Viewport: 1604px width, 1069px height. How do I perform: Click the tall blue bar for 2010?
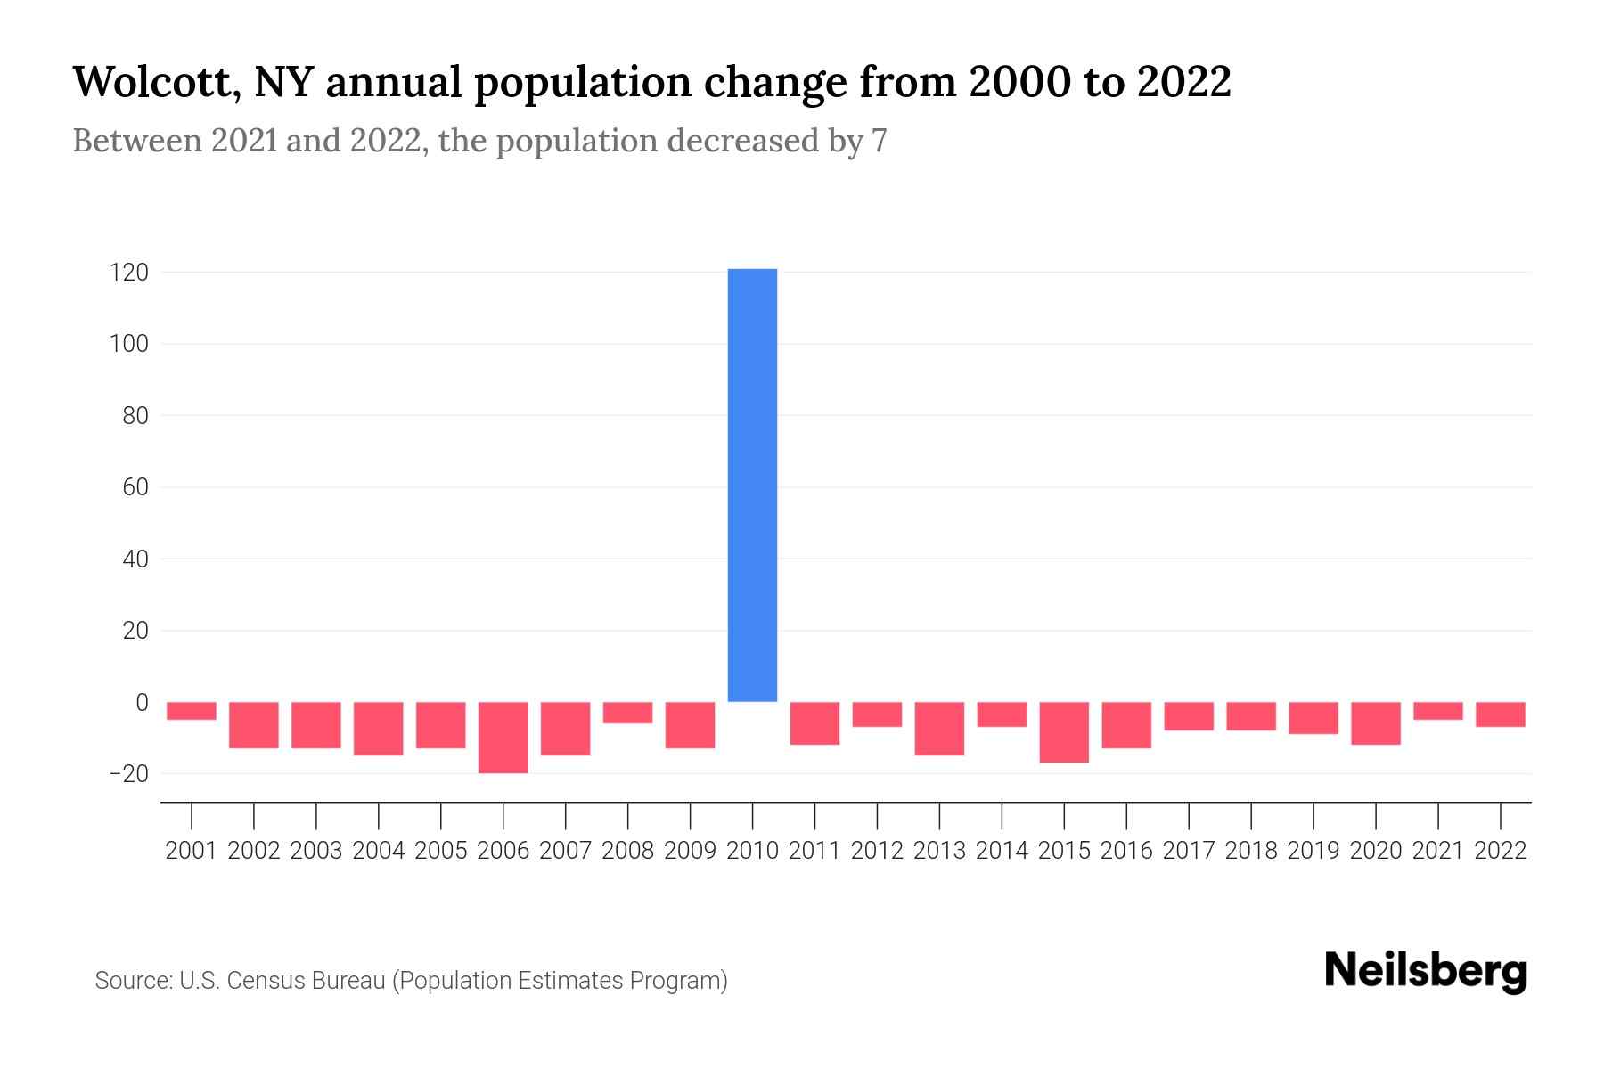point(752,486)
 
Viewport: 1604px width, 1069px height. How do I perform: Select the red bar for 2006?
point(503,738)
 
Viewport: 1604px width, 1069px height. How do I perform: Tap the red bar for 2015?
point(1064,732)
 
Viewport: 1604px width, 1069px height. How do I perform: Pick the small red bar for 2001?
point(192,711)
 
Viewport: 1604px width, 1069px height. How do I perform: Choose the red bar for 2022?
point(1501,714)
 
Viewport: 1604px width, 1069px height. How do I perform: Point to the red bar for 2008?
point(627,713)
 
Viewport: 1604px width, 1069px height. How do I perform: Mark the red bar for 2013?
point(939,729)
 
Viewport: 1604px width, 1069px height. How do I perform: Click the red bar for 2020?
point(1376,723)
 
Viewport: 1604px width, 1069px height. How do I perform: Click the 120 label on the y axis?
point(129,273)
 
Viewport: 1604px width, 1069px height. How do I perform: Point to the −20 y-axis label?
point(129,773)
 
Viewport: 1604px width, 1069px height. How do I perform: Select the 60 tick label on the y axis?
point(135,487)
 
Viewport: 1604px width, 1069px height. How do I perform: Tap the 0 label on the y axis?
point(142,702)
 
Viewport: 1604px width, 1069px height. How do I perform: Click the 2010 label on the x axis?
point(752,851)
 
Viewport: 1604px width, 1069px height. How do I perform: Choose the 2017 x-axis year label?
point(1189,851)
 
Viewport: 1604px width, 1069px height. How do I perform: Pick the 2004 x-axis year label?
point(379,851)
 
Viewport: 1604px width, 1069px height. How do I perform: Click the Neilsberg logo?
point(1426,971)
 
